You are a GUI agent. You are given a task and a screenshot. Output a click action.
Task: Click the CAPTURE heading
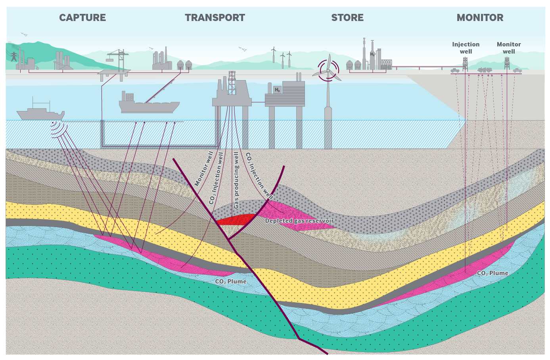(82, 18)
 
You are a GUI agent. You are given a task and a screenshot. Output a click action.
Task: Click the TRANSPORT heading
(215, 18)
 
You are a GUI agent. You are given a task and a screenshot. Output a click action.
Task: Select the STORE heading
(347, 18)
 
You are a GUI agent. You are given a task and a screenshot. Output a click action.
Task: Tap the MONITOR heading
(480, 18)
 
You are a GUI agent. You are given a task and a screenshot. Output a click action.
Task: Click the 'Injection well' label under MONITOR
(466, 48)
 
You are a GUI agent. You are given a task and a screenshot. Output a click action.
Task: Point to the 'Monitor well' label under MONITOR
(509, 48)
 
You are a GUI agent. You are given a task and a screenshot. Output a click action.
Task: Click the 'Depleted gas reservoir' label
(299, 221)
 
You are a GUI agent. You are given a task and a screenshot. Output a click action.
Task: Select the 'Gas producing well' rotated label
(236, 180)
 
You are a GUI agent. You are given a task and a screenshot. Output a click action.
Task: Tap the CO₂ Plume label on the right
(493, 273)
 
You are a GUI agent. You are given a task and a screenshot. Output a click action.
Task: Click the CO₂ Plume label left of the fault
(231, 281)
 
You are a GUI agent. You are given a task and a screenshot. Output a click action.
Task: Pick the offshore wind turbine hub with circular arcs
(328, 71)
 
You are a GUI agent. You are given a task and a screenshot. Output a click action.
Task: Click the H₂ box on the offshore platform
(277, 90)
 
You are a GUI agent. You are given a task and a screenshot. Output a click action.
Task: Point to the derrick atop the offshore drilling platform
(232, 82)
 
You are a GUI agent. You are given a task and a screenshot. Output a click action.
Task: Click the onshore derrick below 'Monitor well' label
(507, 63)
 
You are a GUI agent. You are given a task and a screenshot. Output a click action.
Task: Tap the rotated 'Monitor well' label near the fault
(204, 169)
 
